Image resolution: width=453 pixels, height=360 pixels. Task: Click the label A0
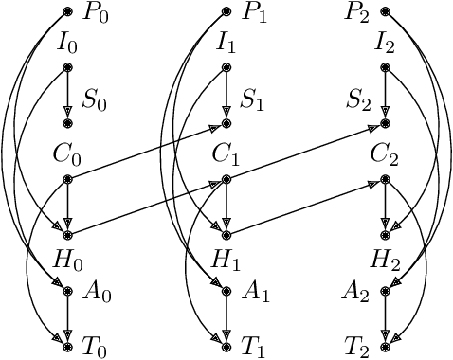pos(98,295)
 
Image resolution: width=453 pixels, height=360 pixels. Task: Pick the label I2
pos(384,43)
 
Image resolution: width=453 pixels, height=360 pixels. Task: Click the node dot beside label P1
pos(226,12)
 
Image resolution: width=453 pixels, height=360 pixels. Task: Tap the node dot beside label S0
pos(67,123)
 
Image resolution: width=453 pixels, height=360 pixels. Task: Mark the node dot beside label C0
pos(67,179)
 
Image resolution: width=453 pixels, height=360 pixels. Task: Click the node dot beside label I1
pos(226,67)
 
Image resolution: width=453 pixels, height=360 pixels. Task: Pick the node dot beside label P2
pos(385,12)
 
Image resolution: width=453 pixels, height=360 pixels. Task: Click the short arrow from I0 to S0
pos(67,95)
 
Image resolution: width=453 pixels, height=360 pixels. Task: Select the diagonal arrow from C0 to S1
pos(147,151)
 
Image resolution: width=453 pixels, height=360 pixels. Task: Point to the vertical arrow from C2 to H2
pos(385,207)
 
